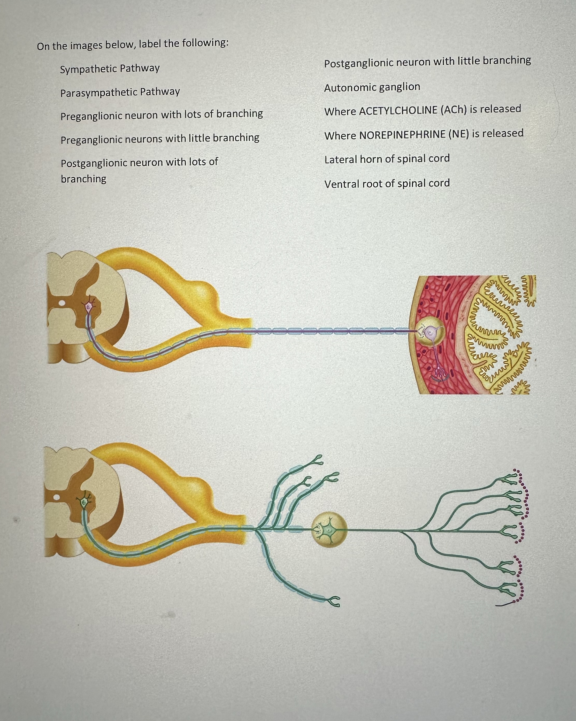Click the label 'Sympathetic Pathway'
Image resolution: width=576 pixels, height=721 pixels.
pos(110,69)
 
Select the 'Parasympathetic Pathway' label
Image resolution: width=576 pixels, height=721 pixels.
pos(120,92)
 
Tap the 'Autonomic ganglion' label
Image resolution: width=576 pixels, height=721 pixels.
pos(372,88)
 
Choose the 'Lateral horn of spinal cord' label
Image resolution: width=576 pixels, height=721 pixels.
pos(387,159)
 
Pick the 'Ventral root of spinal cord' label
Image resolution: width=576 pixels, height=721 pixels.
pos(387,184)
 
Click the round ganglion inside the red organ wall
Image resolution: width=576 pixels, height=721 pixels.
pos(431,332)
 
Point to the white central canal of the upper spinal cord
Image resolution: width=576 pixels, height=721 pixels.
pos(62,303)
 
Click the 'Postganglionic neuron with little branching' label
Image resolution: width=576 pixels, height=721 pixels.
pos(427,62)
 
